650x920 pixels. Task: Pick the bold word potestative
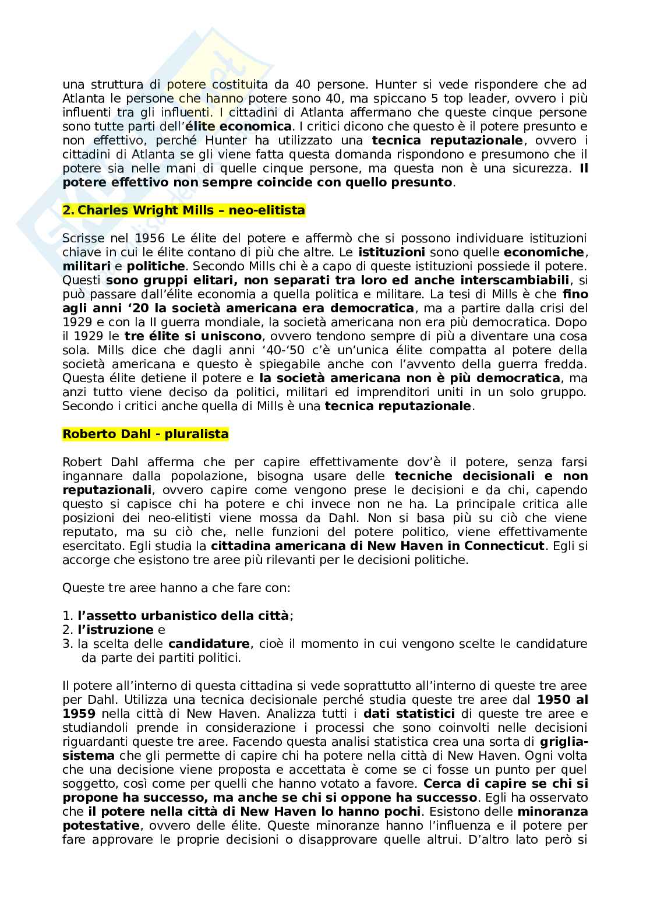[101, 826]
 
